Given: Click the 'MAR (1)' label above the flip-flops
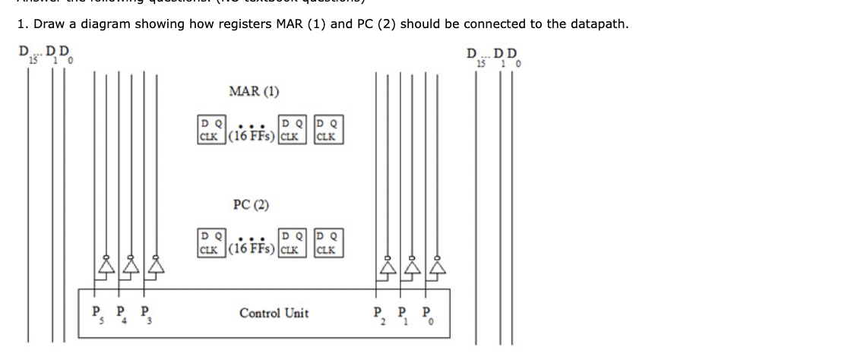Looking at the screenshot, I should coord(254,92).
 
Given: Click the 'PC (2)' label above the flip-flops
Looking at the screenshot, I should coord(251,205).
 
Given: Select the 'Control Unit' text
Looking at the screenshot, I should coord(274,313).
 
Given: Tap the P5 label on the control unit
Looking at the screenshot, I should coord(97,312).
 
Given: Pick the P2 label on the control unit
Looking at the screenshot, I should coord(378,312).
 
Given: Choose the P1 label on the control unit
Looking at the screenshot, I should coord(403,312).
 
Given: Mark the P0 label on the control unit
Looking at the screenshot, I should coord(428,312).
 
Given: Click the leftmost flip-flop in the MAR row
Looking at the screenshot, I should coord(210,130).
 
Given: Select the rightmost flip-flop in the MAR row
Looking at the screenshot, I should coord(329,130).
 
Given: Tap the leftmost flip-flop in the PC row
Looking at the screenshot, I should coord(210,242).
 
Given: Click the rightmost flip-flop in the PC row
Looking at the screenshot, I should coord(329,242).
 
